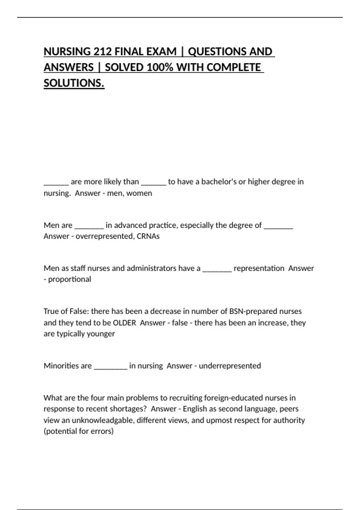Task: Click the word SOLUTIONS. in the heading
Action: click(x=74, y=83)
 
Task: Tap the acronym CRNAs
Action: click(x=148, y=236)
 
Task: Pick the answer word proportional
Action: click(x=70, y=279)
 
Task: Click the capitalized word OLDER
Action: click(x=124, y=323)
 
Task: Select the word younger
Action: click(x=101, y=334)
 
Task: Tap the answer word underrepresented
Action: click(x=230, y=366)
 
